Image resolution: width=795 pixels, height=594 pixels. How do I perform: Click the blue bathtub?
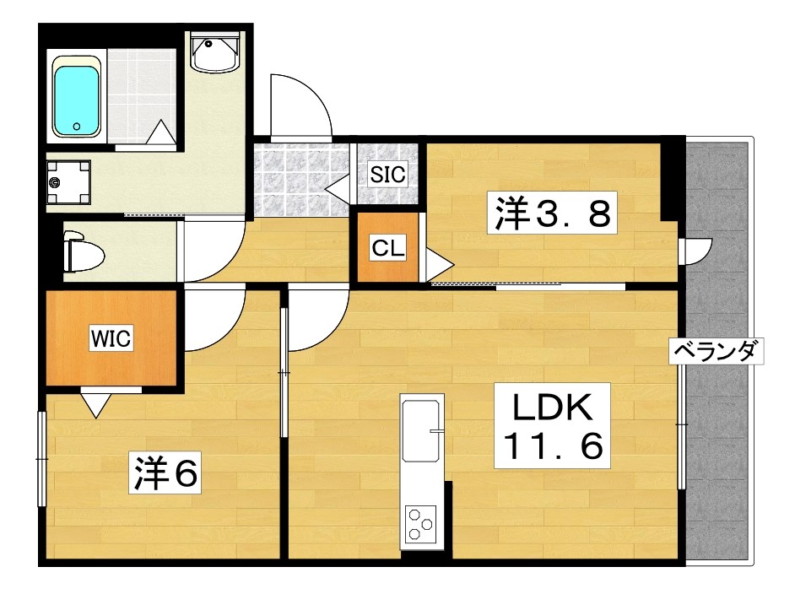coord(77,97)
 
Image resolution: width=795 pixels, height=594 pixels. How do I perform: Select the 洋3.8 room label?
coord(554,213)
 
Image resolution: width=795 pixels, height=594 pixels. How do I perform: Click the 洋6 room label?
coord(165,475)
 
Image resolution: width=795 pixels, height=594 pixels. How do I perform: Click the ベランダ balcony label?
coord(717,350)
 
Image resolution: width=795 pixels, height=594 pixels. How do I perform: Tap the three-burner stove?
coord(420,525)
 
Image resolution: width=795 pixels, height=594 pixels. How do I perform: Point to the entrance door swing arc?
coord(299,103)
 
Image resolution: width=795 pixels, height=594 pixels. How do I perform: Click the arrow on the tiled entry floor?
coord(338,187)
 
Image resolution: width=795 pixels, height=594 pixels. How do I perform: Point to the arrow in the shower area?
coord(160,132)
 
